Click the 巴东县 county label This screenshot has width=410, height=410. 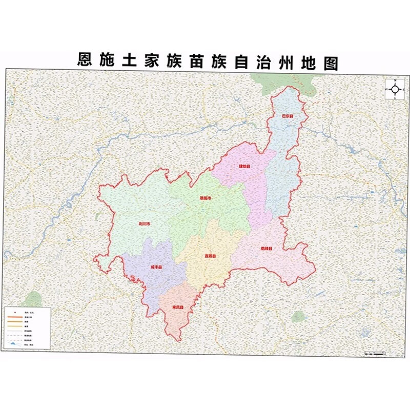pos(288,116)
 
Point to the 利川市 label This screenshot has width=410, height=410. pos(145,224)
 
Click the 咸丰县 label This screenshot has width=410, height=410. pos(156,267)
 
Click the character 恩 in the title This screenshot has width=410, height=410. pos(85,62)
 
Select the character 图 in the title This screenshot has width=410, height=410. pos(331,62)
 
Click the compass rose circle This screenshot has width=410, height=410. pos(396,89)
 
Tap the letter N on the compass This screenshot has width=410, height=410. pos(396,80)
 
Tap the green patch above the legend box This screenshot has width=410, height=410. pos(33,299)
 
